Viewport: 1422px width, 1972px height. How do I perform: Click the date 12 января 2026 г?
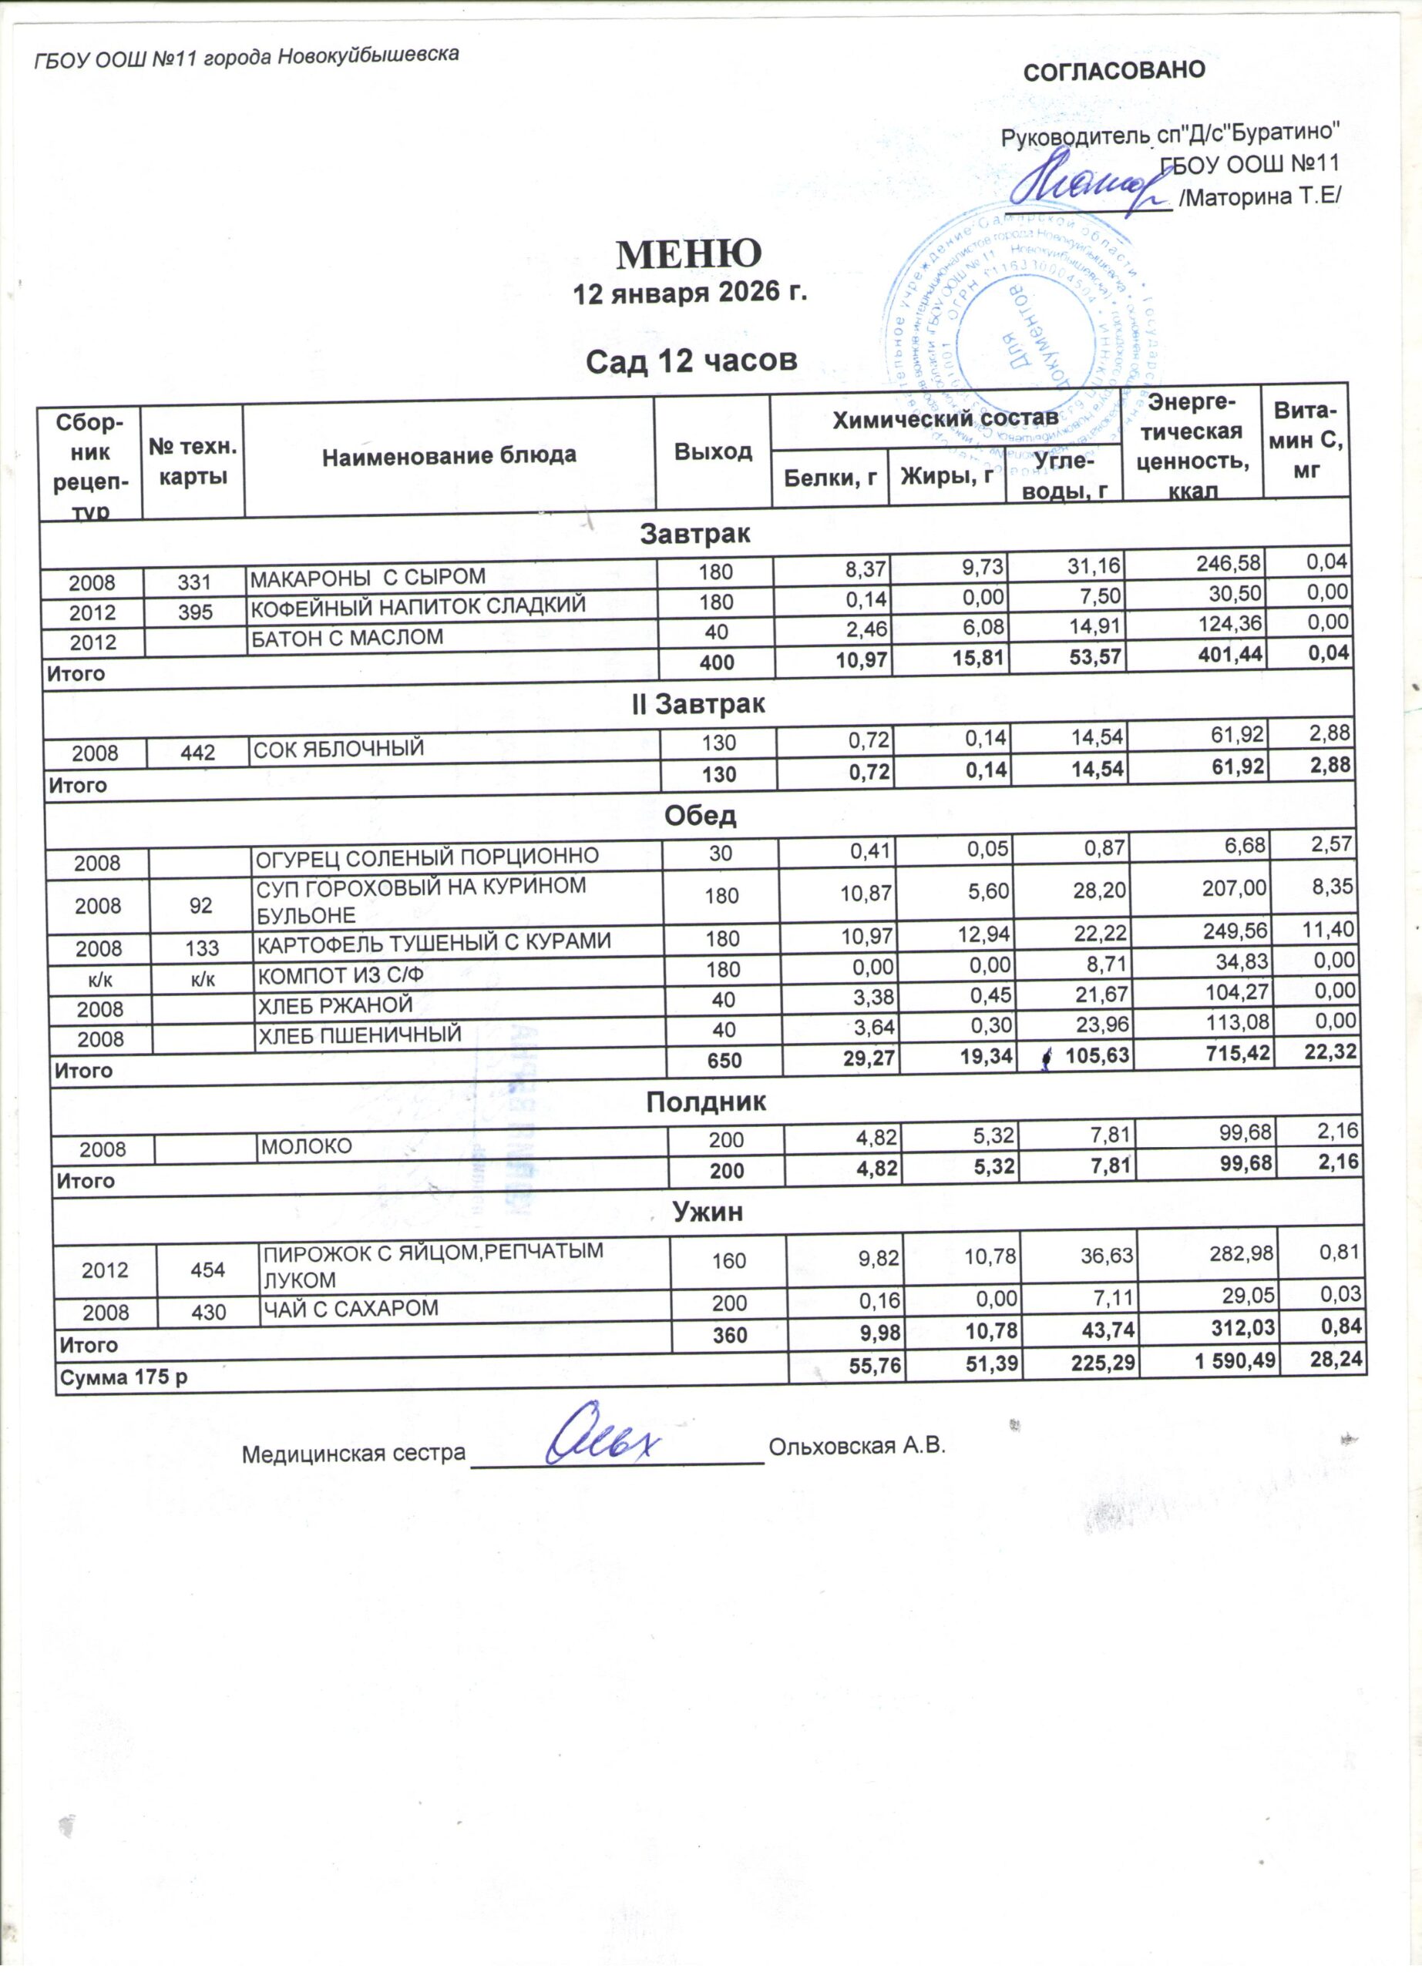pyautogui.click(x=690, y=294)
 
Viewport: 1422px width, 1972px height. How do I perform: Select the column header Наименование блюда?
pyautogui.click(x=449, y=454)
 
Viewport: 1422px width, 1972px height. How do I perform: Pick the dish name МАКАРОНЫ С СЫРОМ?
pyautogui.click(x=368, y=576)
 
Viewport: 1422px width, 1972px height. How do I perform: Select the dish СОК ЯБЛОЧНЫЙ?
pyautogui.click(x=338, y=747)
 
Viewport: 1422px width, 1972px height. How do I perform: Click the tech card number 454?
pyautogui.click(x=208, y=1269)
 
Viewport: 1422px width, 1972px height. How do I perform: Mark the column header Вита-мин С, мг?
pyautogui.click(x=1306, y=441)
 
